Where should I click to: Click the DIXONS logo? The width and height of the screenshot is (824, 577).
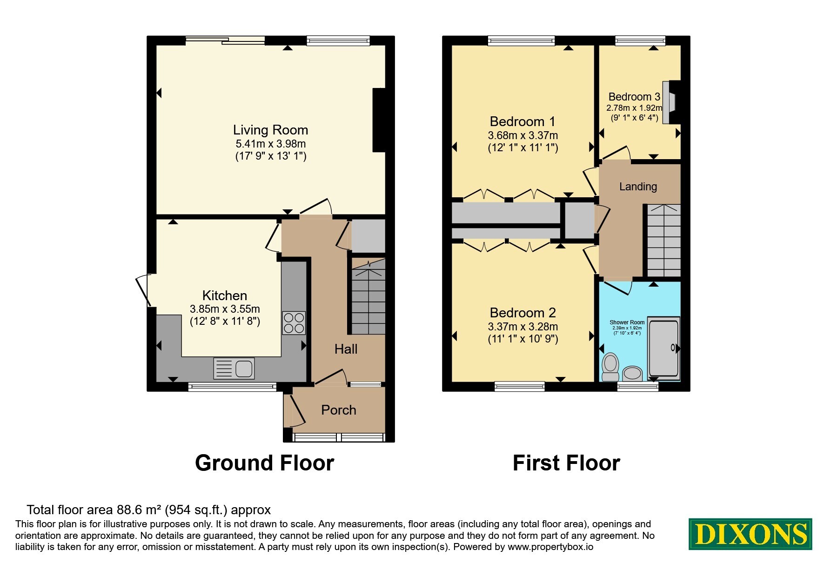point(750,534)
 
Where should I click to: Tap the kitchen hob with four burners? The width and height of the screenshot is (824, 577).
point(294,323)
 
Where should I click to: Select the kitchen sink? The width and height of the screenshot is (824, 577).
point(234,369)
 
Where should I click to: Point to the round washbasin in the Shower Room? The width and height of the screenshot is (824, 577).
point(632,373)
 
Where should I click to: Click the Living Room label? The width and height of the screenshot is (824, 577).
point(270,130)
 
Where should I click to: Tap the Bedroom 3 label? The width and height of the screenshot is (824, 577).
point(634,97)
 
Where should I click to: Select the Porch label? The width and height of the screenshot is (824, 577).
point(339,410)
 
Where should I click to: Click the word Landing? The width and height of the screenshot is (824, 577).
point(638,187)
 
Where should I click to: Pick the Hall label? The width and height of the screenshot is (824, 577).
point(346,349)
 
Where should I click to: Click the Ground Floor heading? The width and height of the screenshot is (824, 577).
point(264,463)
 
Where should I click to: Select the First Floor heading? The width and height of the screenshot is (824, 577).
point(566,463)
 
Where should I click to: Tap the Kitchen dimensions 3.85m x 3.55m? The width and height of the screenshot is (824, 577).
point(225,309)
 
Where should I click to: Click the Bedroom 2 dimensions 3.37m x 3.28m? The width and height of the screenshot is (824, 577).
point(523,327)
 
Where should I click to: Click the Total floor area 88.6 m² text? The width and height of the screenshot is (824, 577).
point(148,510)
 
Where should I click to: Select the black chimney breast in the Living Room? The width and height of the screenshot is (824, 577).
point(379,120)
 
